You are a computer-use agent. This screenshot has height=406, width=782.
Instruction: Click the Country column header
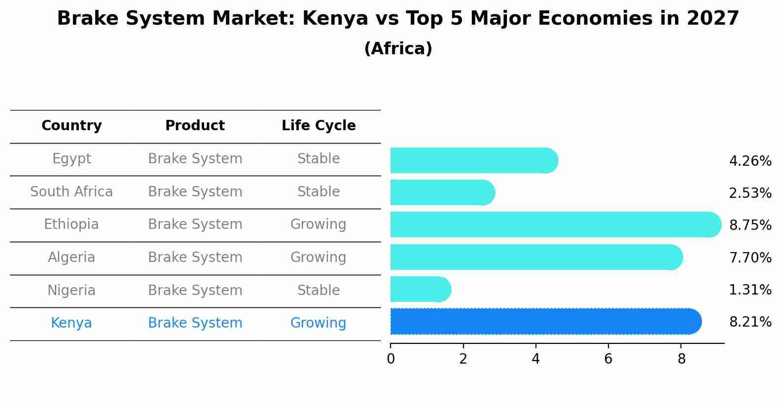coord(71,126)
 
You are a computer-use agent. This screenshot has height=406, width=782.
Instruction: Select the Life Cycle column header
coord(319,126)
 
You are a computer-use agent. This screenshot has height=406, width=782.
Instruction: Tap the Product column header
coord(195,126)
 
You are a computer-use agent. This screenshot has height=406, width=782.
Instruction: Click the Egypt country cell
coord(71,159)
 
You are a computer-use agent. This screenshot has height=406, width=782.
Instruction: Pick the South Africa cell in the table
coord(71,192)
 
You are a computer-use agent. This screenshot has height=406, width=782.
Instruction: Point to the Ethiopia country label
coord(71,224)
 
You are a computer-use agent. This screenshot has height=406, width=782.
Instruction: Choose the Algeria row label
coord(71,258)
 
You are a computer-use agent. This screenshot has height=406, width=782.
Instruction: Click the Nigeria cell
coord(71,291)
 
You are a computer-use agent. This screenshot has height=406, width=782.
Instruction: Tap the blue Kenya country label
coord(71,323)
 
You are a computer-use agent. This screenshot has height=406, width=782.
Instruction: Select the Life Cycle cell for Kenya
coord(318,323)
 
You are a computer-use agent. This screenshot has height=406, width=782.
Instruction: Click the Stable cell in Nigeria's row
coord(319,291)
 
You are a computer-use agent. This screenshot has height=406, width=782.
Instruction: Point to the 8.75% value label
coord(750,225)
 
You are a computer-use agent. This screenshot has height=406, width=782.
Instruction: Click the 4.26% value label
coord(750,161)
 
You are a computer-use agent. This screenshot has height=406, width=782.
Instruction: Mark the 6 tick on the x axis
coord(608,359)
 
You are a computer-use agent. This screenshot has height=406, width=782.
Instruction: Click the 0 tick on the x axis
coord(391,359)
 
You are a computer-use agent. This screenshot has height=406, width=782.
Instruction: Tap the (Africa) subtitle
coord(398,49)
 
